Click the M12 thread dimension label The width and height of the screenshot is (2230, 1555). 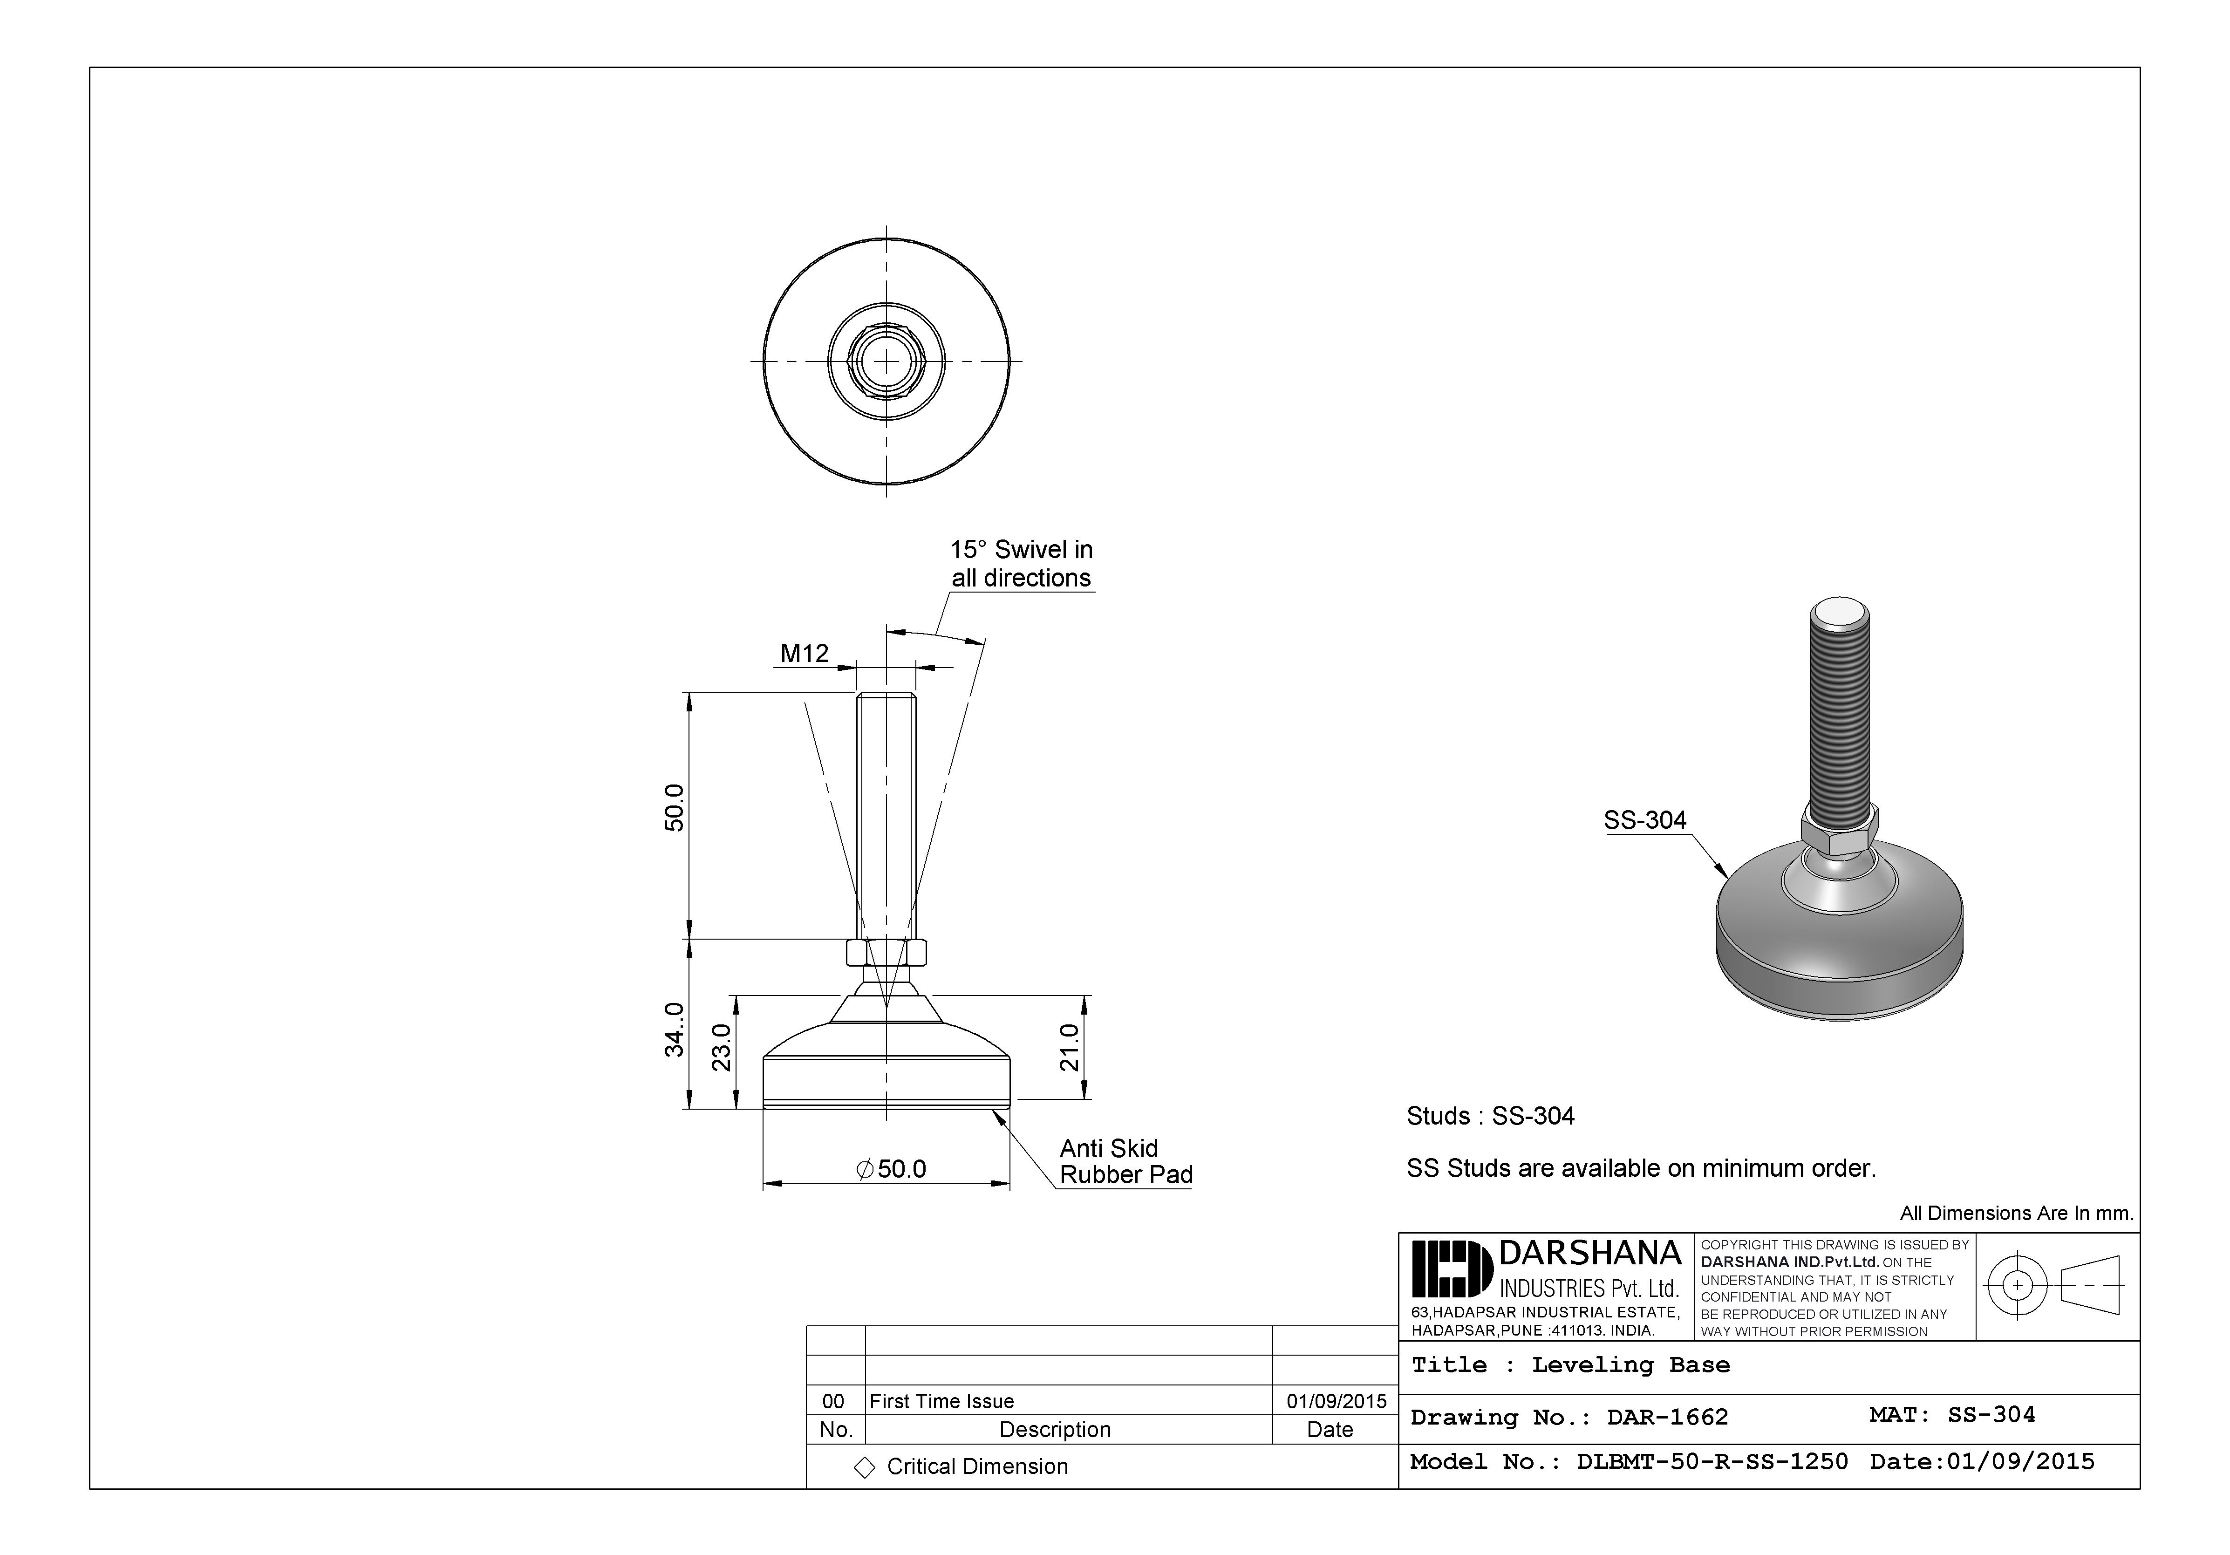(804, 654)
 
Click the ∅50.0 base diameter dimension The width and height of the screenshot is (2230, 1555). (892, 1168)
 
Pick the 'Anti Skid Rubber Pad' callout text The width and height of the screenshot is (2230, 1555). (1125, 1162)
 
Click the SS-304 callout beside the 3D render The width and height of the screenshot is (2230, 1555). (1644, 821)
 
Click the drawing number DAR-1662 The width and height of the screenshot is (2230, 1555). (1667, 1417)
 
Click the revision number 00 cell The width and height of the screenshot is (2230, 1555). (833, 1402)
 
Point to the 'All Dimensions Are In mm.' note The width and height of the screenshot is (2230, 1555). (2016, 1213)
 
